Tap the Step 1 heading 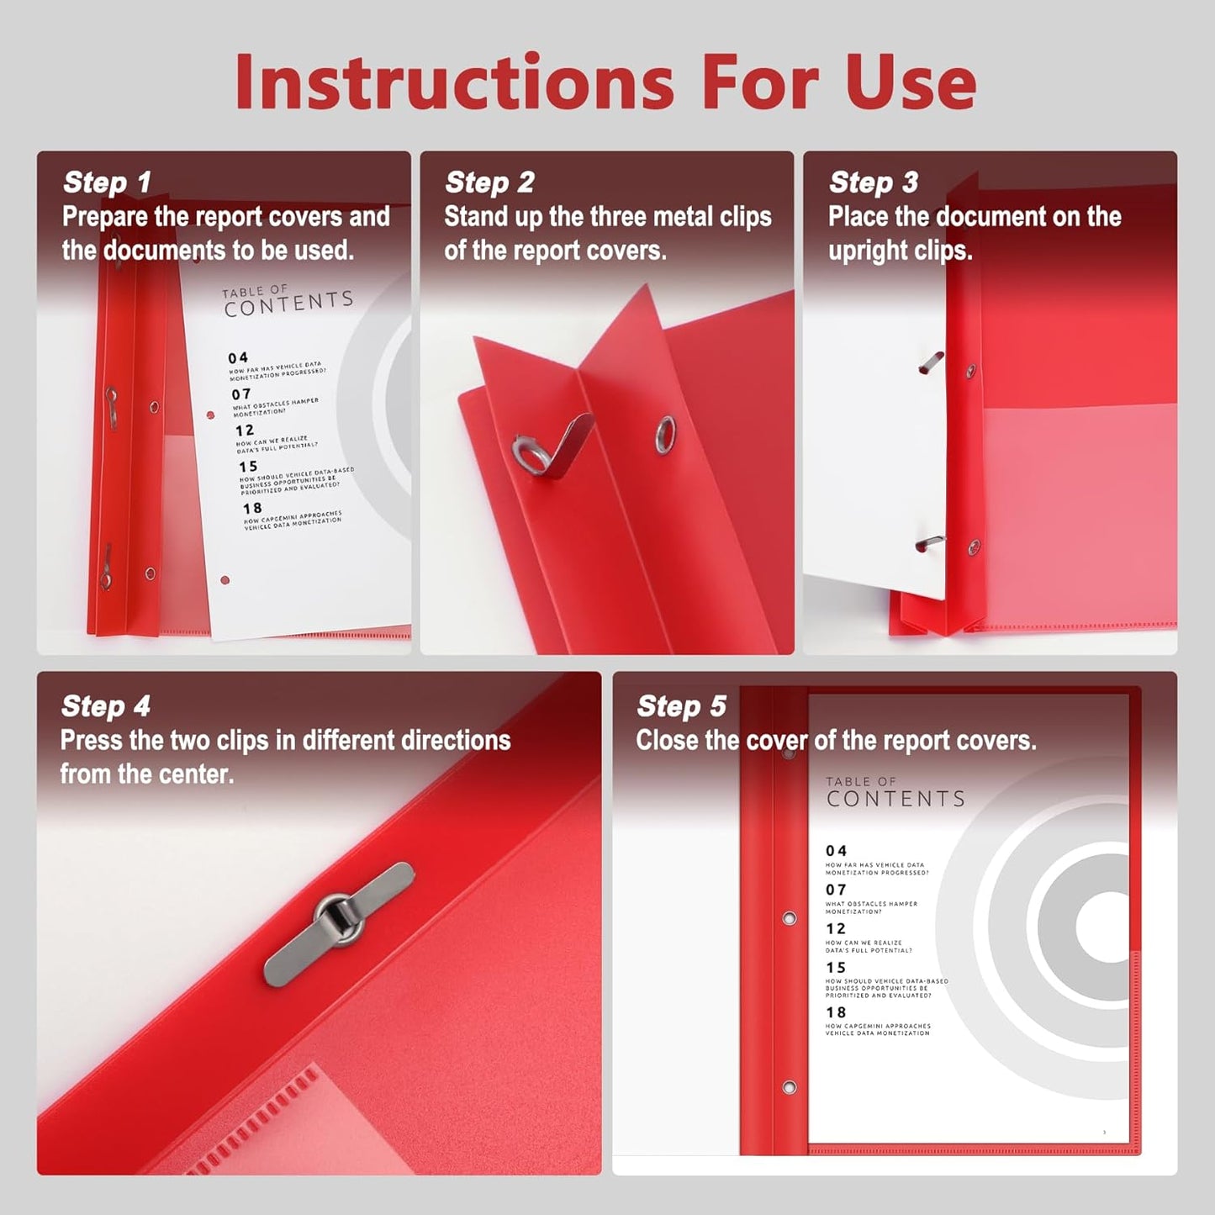click(x=107, y=182)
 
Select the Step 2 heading click(x=489, y=182)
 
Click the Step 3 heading click(x=873, y=182)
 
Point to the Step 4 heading click(x=105, y=706)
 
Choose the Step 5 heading click(x=681, y=706)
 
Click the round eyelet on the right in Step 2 click(x=664, y=434)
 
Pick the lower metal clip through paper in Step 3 click(x=930, y=543)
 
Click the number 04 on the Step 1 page click(x=238, y=358)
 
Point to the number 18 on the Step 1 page click(x=252, y=509)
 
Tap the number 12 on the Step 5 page click(x=836, y=928)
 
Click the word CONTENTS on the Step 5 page click(x=895, y=799)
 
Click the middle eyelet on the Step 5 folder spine click(x=789, y=918)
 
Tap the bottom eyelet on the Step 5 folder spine click(x=789, y=1088)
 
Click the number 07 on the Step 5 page click(x=836, y=890)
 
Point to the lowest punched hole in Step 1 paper click(x=225, y=580)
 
